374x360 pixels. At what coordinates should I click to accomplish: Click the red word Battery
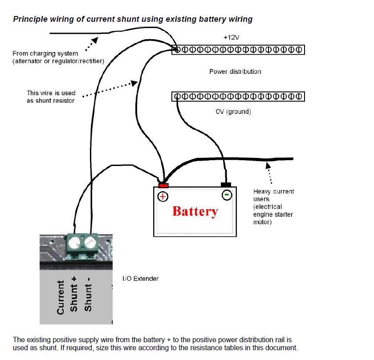(x=195, y=211)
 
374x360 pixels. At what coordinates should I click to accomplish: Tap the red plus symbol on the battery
(x=163, y=196)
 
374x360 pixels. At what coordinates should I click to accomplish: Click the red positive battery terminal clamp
(x=163, y=186)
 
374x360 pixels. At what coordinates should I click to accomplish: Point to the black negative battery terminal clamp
(x=226, y=184)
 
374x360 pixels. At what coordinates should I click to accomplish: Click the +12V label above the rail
(x=231, y=38)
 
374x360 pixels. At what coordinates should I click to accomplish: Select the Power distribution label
(x=235, y=71)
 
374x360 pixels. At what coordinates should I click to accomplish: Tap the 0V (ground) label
(x=233, y=112)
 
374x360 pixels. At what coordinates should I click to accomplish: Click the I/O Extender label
(x=141, y=279)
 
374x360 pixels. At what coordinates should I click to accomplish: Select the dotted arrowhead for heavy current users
(x=268, y=165)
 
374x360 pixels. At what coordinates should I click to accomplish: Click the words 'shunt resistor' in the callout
(x=51, y=101)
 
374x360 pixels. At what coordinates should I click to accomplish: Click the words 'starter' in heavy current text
(x=284, y=214)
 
